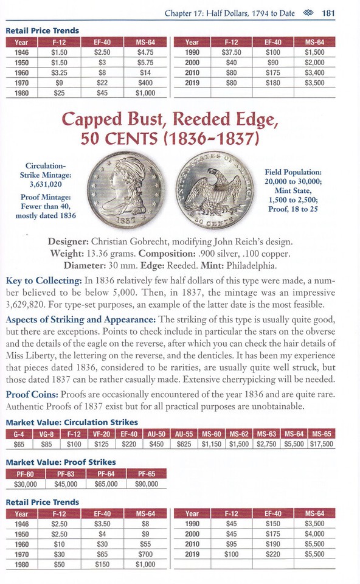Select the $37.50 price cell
click(230, 52)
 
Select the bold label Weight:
click(85, 252)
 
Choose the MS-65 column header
click(320, 433)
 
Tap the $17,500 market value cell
click(320, 443)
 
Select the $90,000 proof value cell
click(147, 484)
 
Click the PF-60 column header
click(25, 473)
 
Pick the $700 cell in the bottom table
click(145, 554)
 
